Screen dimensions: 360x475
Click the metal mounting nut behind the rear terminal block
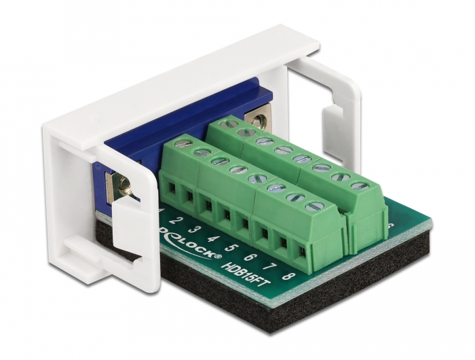pyautogui.click(x=258, y=121)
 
